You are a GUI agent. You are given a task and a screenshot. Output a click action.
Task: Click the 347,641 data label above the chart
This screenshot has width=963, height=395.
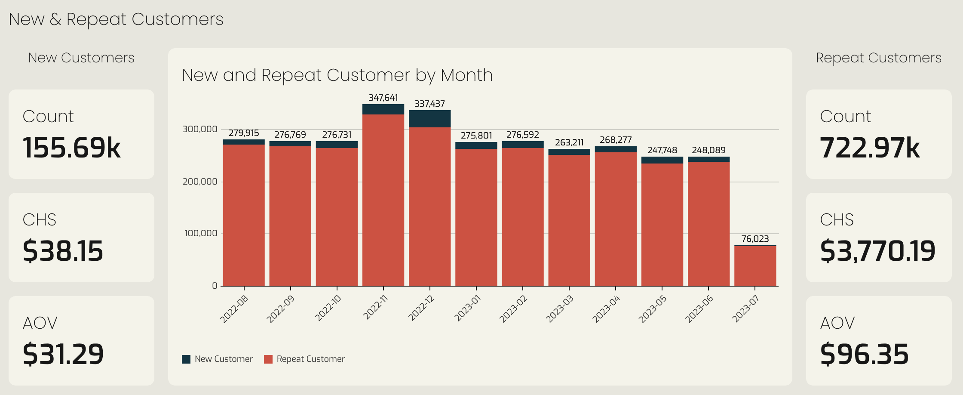click(383, 98)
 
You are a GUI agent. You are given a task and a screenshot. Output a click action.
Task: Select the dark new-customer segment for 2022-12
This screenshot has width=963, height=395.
click(429, 119)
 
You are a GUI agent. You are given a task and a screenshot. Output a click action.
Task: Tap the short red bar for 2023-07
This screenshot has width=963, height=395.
click(755, 266)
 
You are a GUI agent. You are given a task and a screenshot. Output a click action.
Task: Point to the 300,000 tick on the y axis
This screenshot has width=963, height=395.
click(200, 129)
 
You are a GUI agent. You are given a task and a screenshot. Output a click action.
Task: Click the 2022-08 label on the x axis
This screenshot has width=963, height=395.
click(234, 309)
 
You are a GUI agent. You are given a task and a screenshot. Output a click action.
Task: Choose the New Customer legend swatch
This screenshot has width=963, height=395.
click(186, 359)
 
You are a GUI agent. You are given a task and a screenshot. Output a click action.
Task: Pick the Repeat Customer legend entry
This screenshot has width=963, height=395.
click(304, 359)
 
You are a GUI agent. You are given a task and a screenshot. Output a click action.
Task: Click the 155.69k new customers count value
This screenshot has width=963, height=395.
click(72, 148)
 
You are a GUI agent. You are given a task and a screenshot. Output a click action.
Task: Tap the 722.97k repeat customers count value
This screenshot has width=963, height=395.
click(870, 148)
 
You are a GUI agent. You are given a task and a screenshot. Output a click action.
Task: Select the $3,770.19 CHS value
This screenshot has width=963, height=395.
click(877, 251)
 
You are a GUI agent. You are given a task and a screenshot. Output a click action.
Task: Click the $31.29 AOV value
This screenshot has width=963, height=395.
click(63, 354)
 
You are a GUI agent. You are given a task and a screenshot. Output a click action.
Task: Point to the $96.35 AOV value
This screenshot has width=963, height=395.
click(864, 354)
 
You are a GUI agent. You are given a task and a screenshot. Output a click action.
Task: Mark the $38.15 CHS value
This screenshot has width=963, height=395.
click(63, 251)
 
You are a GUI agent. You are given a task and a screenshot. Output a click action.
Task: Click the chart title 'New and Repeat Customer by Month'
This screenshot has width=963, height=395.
click(337, 75)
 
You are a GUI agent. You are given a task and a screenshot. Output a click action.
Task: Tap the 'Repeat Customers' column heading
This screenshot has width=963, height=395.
click(879, 58)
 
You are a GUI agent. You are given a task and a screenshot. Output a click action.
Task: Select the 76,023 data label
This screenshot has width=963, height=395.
click(755, 239)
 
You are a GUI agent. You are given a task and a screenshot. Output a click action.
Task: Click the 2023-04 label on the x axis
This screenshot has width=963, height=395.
click(607, 309)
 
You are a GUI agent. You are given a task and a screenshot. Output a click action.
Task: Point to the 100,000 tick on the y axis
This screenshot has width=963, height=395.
click(201, 233)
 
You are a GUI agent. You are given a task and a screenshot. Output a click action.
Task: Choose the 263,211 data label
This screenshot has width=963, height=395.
click(569, 142)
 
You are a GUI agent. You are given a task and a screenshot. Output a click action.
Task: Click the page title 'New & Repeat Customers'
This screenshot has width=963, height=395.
click(116, 19)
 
